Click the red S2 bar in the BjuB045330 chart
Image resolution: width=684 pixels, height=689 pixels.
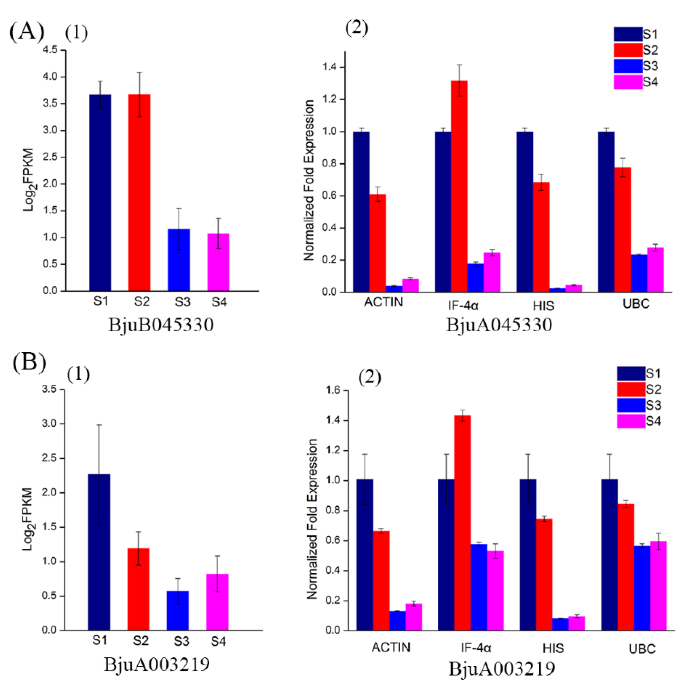click(140, 193)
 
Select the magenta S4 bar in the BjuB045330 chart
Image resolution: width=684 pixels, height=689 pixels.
click(218, 262)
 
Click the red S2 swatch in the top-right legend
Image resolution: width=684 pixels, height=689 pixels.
click(628, 50)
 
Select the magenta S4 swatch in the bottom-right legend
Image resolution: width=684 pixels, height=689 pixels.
click(631, 421)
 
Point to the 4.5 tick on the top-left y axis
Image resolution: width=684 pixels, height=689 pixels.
click(50, 50)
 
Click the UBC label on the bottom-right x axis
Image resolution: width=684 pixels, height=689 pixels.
click(642, 649)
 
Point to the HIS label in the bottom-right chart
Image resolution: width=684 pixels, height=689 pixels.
click(553, 648)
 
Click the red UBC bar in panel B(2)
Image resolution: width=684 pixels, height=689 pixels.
click(626, 567)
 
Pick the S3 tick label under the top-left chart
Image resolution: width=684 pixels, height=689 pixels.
click(182, 302)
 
